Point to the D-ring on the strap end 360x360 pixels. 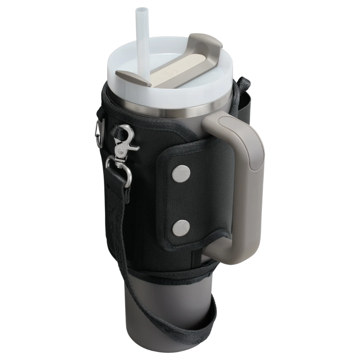click(118, 169)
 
